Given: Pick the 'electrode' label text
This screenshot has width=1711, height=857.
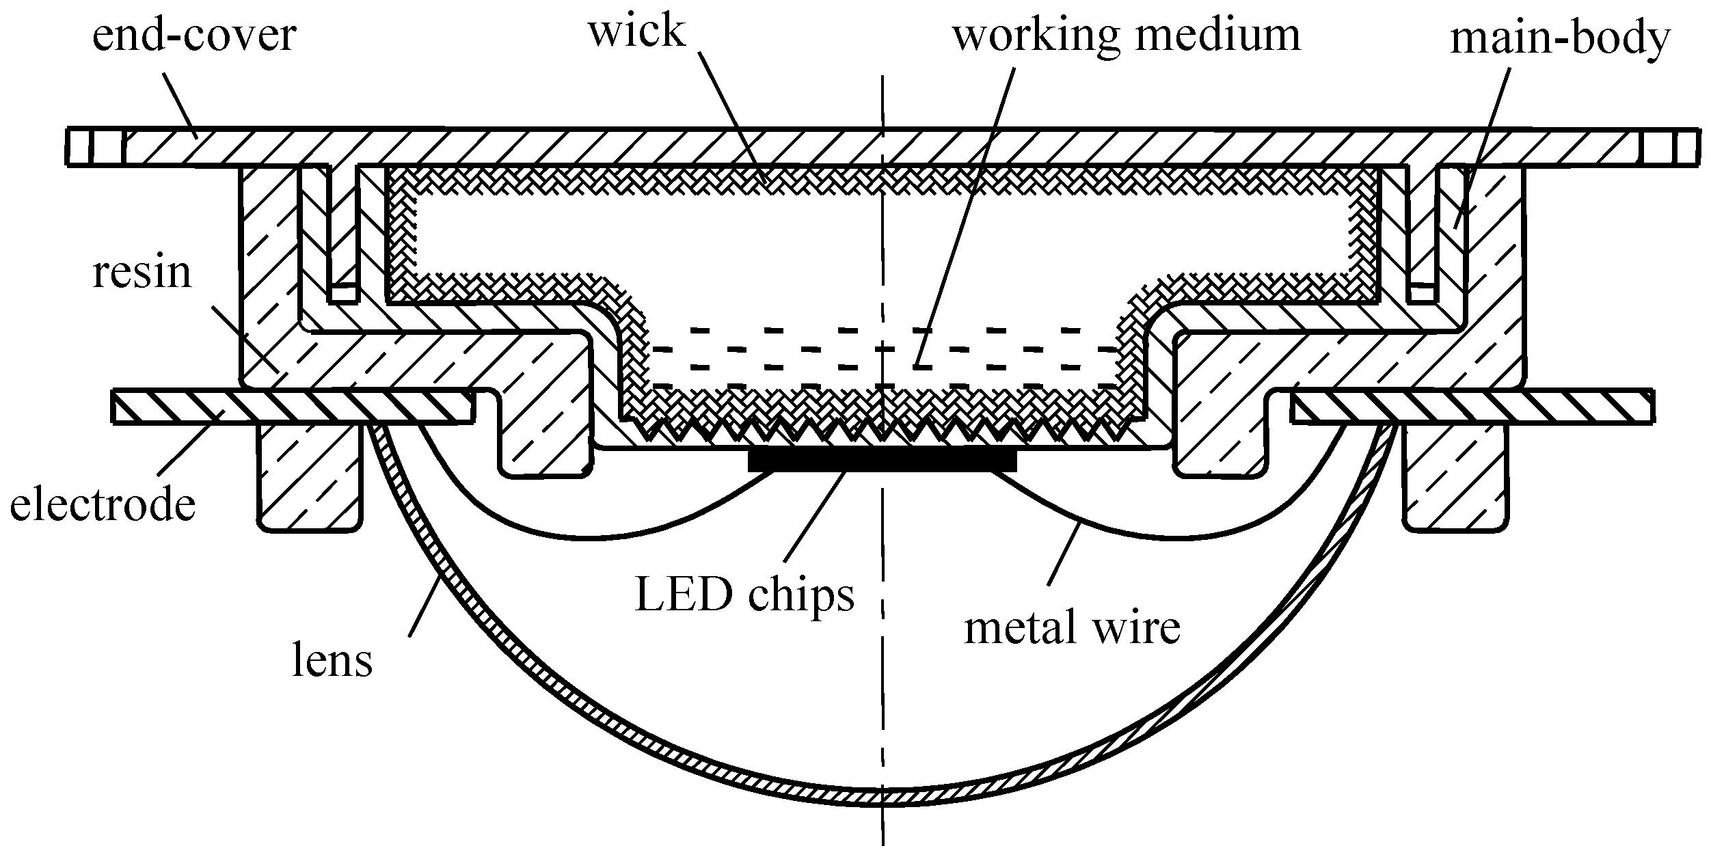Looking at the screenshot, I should [103, 506].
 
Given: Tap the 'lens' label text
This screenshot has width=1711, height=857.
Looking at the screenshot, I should [332, 660].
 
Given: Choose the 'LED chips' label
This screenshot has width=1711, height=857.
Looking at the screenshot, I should [744, 595].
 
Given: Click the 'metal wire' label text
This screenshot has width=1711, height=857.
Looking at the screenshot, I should [1072, 627].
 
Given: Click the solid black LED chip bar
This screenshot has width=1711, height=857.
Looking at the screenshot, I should [882, 461].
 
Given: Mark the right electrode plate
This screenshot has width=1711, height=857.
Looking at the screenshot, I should [1470, 407].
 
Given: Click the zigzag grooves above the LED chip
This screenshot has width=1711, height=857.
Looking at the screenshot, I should [882, 429].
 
